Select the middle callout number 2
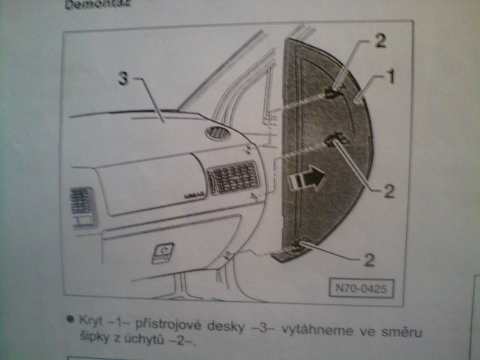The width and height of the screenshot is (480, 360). coord(388,191)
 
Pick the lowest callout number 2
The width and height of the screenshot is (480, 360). coord(369,260)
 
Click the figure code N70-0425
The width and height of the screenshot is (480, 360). coord(361,288)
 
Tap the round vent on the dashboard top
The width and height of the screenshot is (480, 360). coord(218,133)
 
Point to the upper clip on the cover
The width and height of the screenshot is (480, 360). coord(333,92)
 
